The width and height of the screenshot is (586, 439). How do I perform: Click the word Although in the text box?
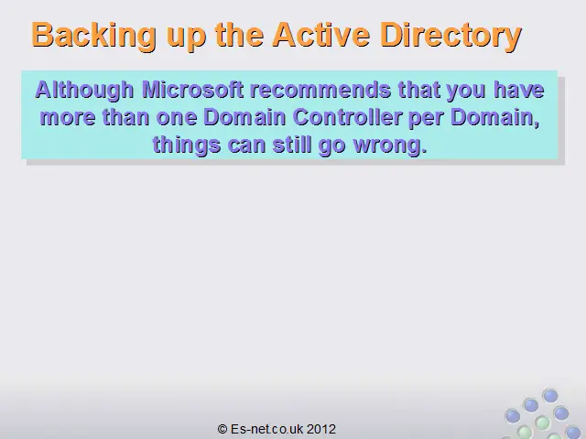pos(84,91)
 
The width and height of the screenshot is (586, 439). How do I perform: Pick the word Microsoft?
pos(193,90)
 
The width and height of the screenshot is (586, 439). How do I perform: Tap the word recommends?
pos(320,90)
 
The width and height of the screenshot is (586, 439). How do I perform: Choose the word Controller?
pos(347,117)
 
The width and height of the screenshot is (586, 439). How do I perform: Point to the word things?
pos(187,145)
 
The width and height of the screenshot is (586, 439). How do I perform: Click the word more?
pos(68,118)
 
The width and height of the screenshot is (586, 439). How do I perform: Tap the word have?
pos(519,90)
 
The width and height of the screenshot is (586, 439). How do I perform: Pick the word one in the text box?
pos(177,118)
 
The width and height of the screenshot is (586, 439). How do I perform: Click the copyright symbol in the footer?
pos(222,429)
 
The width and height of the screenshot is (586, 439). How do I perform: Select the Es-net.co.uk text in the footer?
pos(266,429)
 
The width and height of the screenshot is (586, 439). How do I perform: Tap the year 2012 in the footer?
pos(321,429)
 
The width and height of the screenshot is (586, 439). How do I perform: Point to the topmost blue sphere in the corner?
pos(550,396)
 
